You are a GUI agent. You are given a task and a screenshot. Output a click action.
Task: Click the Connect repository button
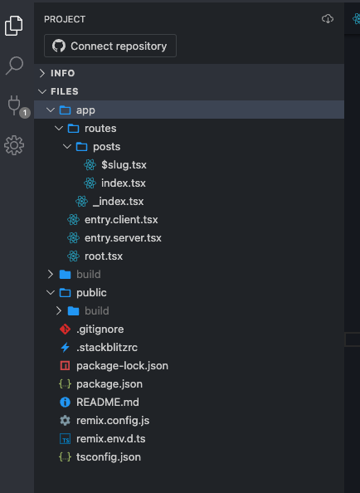[x=110, y=46]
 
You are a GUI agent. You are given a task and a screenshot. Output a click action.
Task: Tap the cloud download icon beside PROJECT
[x=328, y=19]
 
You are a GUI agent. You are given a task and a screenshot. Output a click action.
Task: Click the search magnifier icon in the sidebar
[x=14, y=66]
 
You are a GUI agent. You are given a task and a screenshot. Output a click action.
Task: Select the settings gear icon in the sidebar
[x=14, y=145]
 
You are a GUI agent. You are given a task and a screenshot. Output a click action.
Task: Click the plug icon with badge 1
[x=14, y=105]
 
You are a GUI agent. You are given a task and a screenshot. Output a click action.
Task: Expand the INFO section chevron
[x=42, y=73]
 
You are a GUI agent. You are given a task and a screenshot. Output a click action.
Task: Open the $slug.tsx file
[x=124, y=165]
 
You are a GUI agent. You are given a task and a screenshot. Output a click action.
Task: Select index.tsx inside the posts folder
[x=123, y=183]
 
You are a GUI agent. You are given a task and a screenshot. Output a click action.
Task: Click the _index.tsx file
[x=118, y=202]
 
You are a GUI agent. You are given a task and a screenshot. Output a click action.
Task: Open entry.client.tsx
[x=121, y=220]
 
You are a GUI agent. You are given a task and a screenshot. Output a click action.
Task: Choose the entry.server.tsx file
[x=123, y=238]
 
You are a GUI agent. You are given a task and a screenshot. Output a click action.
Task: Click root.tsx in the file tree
[x=104, y=256]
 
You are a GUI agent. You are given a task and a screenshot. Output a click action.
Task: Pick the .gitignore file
[x=100, y=329]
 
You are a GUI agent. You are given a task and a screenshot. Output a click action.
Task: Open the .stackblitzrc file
[x=107, y=348]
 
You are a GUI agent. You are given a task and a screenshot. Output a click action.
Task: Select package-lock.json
[x=122, y=366]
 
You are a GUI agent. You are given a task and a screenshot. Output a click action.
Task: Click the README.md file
[x=108, y=403]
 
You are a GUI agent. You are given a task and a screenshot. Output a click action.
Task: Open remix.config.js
[x=113, y=420]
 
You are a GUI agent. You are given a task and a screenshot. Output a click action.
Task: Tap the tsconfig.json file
[x=109, y=456]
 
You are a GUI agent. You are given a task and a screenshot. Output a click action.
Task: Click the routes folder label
[x=100, y=129]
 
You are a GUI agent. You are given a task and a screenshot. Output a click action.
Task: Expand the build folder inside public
[x=58, y=311]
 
